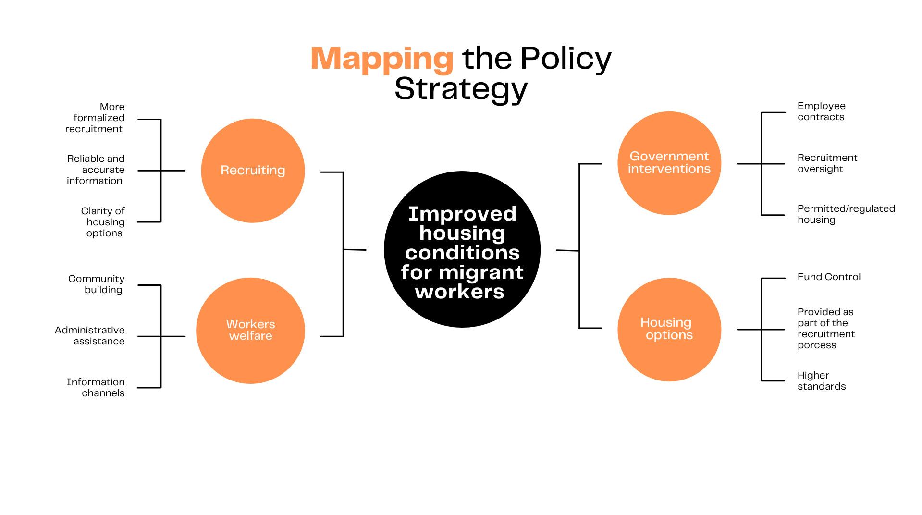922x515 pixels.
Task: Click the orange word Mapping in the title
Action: click(x=381, y=59)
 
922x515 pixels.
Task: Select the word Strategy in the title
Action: click(x=461, y=89)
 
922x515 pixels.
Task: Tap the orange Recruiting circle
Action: click(x=253, y=171)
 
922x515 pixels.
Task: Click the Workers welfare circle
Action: click(x=250, y=330)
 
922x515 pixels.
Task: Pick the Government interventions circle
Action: click(x=669, y=163)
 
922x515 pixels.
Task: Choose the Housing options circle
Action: click(x=669, y=329)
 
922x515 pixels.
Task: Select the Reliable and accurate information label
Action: click(x=96, y=170)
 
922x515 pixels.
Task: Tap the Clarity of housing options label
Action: click(x=103, y=222)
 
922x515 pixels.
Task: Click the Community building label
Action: click(x=97, y=284)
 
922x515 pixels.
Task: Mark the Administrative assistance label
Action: click(x=90, y=335)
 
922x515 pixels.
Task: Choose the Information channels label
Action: click(x=96, y=387)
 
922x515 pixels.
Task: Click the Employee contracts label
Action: click(x=821, y=111)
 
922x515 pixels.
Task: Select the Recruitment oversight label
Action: click(x=827, y=163)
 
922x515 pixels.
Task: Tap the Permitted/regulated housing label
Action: click(x=846, y=214)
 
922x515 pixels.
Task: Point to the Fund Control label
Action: click(x=829, y=277)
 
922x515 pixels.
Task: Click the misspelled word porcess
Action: click(x=817, y=345)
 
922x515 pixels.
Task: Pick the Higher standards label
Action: click(x=821, y=381)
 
